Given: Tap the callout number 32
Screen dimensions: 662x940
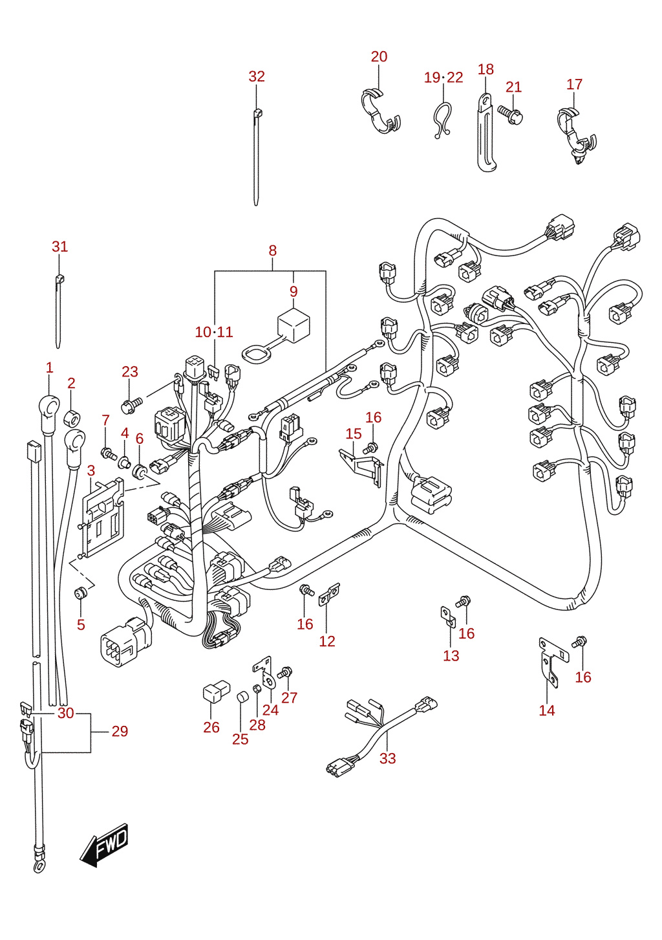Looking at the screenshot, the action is pos(257,76).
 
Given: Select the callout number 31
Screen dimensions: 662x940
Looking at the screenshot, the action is pos(59,246).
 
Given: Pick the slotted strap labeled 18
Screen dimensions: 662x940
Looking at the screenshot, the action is pos(486,133).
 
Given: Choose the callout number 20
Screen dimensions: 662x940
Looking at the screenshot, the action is pos(379,57).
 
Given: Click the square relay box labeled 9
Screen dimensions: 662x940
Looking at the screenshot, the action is pos(294,325).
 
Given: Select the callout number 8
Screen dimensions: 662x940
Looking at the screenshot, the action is pos(273,250).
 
